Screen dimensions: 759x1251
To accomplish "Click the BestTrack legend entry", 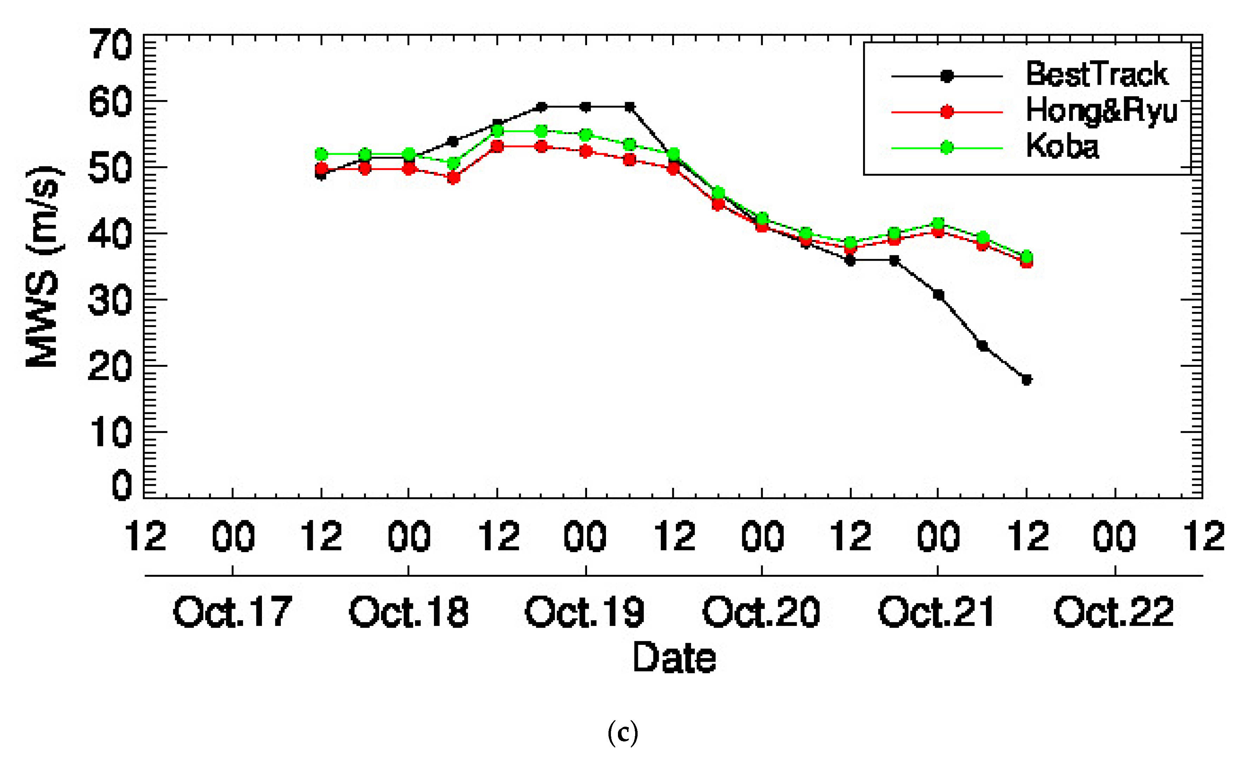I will coord(1097,74).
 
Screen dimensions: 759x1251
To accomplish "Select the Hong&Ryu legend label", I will coord(1101,111).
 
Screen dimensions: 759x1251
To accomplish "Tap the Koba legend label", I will coord(1062,146).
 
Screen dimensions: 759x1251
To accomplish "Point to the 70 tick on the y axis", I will coord(111,45).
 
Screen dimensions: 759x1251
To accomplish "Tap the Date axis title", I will coord(674,657).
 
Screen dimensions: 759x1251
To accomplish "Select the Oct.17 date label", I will coord(232,612).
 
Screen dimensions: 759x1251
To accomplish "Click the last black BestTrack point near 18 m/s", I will coord(1026,379).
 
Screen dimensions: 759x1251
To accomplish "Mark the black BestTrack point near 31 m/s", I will coord(938,295).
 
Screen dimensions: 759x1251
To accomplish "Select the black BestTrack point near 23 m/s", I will coord(982,346).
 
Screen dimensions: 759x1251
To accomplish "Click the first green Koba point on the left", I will coord(321,154).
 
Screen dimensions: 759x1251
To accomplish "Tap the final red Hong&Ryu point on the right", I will coord(1026,262).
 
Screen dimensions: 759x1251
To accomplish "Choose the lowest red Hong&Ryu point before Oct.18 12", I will coord(453,178).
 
